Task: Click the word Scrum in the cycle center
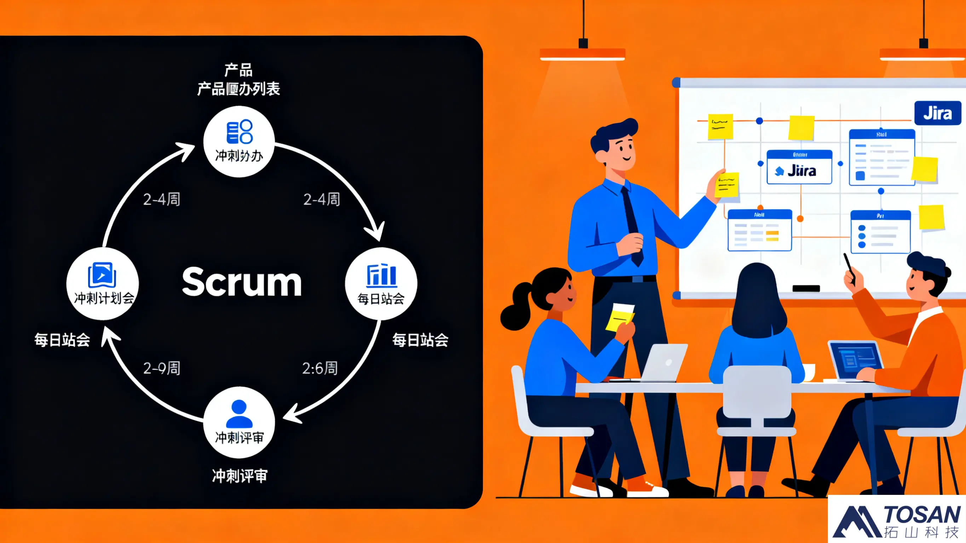coord(242,282)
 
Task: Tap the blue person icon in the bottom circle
coord(239,413)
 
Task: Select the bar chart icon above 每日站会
coord(381,275)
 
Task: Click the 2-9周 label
coord(162,368)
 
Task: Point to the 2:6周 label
coord(320,368)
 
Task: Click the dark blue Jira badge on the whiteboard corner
coord(937,113)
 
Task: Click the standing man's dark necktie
coord(632,225)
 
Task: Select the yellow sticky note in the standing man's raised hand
coord(727,185)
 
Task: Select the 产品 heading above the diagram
coord(238,70)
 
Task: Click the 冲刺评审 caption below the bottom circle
coord(239,476)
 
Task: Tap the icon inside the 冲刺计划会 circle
coord(102,275)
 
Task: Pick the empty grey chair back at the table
coord(757,392)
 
